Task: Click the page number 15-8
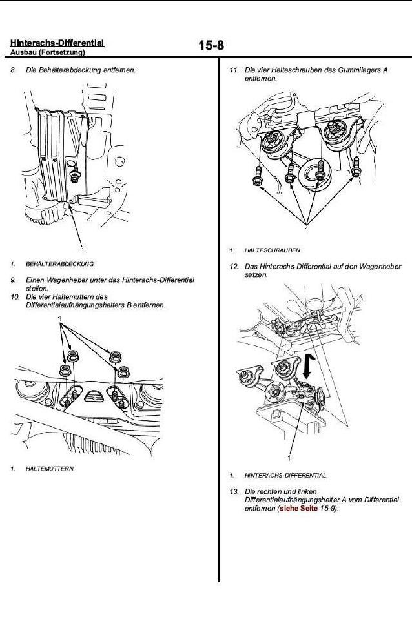pyautogui.click(x=211, y=45)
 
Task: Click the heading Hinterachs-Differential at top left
pyautogui.click(x=57, y=43)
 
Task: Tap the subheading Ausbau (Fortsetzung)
pyautogui.click(x=48, y=52)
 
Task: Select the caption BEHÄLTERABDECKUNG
pyautogui.click(x=59, y=264)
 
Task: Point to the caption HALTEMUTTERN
pyautogui.click(x=50, y=469)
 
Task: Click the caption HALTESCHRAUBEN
pyautogui.click(x=272, y=250)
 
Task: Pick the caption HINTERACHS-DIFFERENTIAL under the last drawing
pyautogui.click(x=285, y=476)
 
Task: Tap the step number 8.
pyautogui.click(x=14, y=70)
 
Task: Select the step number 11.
pyautogui.click(x=234, y=70)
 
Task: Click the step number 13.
pyautogui.click(x=234, y=491)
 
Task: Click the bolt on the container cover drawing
pyautogui.click(x=75, y=174)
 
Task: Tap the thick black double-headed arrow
pyautogui.click(x=307, y=367)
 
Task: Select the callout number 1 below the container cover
pyautogui.click(x=82, y=250)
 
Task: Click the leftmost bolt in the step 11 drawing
pyautogui.click(x=257, y=176)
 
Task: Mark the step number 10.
pyautogui.click(x=15, y=297)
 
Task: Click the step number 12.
pyautogui.click(x=234, y=267)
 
